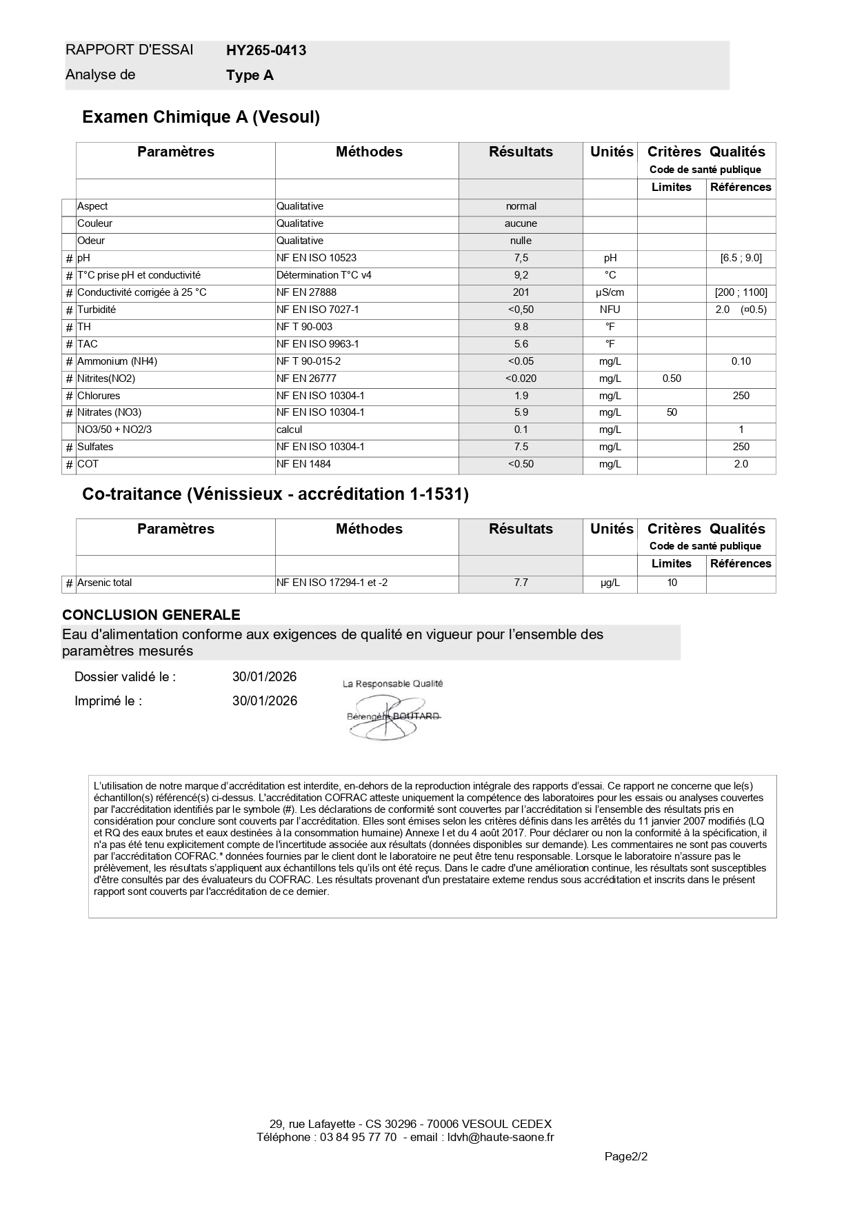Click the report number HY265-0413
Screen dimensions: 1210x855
(x=266, y=50)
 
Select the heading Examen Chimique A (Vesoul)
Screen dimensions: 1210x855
(x=201, y=117)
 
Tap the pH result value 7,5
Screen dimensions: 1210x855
(x=521, y=258)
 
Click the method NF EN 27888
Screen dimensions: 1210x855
(x=306, y=292)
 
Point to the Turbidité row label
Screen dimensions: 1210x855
(x=97, y=310)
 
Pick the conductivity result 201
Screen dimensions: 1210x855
(x=521, y=292)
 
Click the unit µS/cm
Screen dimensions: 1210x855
(x=610, y=292)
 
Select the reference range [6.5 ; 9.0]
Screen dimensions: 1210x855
(x=741, y=258)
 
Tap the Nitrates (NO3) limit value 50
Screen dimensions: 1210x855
(x=672, y=412)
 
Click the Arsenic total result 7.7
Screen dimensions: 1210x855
(x=521, y=583)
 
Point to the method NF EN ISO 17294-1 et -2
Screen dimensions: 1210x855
(x=332, y=583)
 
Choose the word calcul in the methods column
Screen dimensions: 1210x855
(x=289, y=430)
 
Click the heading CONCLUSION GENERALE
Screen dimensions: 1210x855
(x=151, y=615)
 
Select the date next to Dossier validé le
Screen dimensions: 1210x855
(x=264, y=677)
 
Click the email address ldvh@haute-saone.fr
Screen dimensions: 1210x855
(x=501, y=1137)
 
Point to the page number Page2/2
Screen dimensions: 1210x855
(x=625, y=1156)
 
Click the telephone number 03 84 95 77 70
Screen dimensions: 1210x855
(x=358, y=1137)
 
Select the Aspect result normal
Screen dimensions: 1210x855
(x=521, y=206)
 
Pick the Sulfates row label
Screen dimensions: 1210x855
(x=95, y=447)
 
